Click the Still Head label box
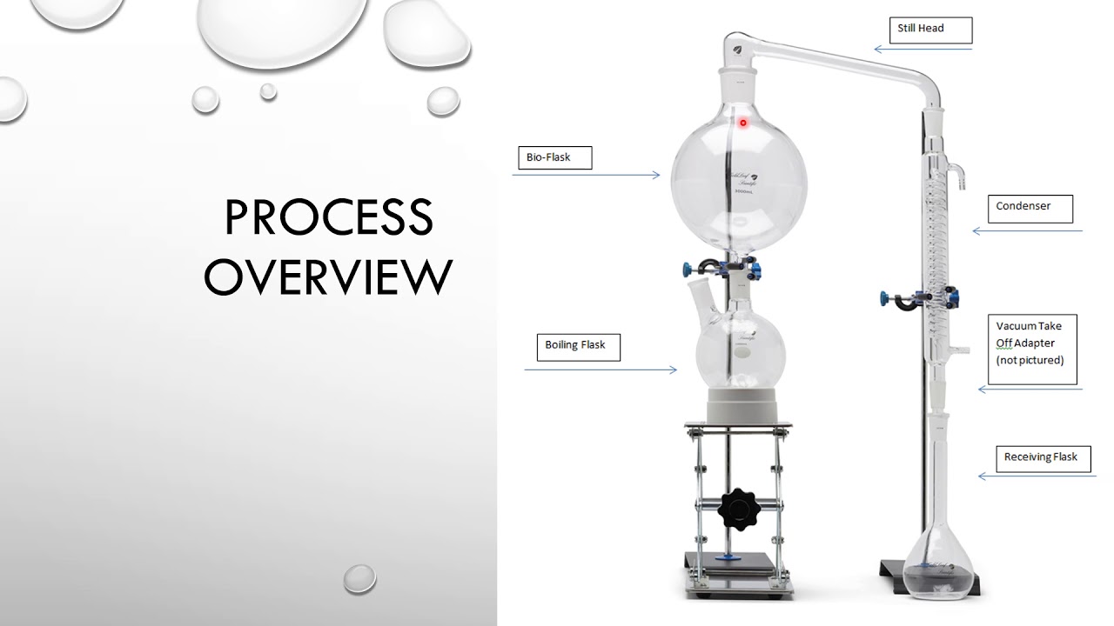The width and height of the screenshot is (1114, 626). point(930,30)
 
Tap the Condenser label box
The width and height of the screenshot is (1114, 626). point(1030,208)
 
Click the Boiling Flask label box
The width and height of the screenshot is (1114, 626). point(576,346)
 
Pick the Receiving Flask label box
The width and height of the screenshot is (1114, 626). point(1041,458)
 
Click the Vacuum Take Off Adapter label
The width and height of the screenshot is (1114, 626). point(1034,348)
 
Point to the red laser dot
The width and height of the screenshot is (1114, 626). point(742,123)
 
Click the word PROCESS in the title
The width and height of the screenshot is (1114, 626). point(328,217)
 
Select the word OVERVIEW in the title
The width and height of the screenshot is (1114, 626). point(328,276)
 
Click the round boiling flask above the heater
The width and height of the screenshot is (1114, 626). point(741,352)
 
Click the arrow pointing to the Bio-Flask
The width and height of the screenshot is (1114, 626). point(586,176)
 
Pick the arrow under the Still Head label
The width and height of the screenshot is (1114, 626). point(923,50)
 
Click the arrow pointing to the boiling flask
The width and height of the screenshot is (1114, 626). point(601,370)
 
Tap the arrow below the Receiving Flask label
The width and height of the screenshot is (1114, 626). point(1037,476)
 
